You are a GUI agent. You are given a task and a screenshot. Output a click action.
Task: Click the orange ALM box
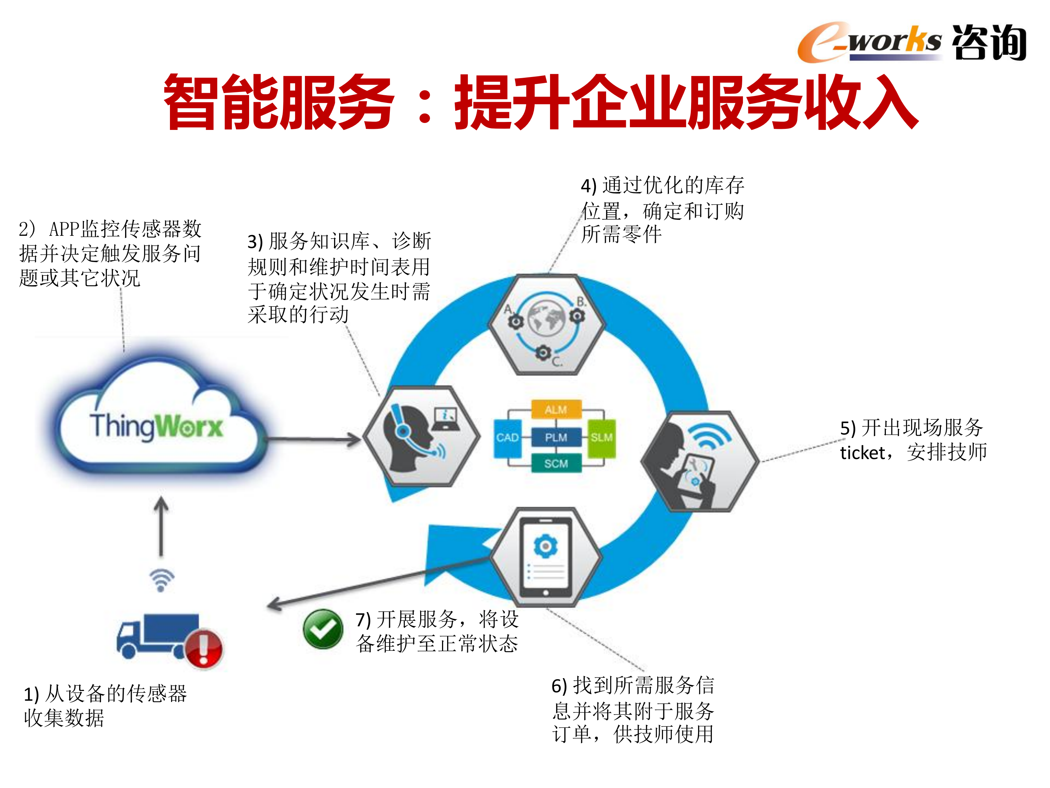pyautogui.click(x=556, y=410)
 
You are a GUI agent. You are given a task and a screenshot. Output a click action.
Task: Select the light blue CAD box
pyautogui.click(x=507, y=438)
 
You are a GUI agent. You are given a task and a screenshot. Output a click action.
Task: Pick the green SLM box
pyautogui.click(x=601, y=438)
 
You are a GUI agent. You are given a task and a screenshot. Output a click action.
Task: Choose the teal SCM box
pyautogui.click(x=556, y=464)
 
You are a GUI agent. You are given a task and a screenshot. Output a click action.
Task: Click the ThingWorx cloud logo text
pyautogui.click(x=156, y=426)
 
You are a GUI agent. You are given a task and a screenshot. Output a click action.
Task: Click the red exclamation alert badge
pyautogui.click(x=204, y=648)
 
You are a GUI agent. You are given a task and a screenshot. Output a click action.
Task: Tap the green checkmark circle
pyautogui.click(x=323, y=629)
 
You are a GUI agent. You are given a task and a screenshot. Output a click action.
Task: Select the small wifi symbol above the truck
pyautogui.click(x=162, y=580)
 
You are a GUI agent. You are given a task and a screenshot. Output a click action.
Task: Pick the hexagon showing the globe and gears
pyautogui.click(x=547, y=324)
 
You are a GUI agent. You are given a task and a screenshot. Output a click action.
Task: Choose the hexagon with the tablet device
pyautogui.click(x=546, y=557)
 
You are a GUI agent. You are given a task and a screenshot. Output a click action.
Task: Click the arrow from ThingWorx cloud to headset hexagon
pyautogui.click(x=313, y=439)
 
